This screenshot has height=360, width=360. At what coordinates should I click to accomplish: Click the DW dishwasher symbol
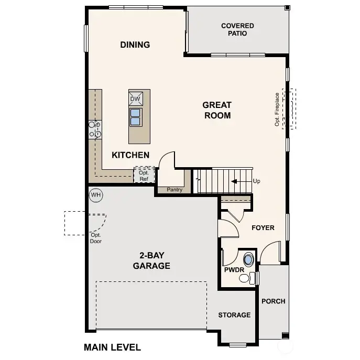135,99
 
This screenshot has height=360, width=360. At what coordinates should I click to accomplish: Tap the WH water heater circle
95,195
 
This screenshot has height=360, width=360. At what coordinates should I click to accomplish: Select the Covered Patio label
237,29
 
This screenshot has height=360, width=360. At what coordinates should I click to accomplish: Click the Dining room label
135,45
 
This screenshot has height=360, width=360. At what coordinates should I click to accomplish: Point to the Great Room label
217,111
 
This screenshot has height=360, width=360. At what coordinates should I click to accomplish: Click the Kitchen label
130,155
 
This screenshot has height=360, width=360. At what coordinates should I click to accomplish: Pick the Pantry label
174,190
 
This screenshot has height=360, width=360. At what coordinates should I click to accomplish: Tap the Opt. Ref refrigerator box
144,176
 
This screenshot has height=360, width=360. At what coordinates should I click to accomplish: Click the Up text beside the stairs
256,181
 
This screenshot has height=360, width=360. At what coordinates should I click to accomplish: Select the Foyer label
263,227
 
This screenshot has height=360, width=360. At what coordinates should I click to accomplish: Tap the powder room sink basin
248,259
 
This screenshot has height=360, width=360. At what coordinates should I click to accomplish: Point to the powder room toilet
246,278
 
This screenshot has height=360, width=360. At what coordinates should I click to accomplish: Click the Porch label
273,301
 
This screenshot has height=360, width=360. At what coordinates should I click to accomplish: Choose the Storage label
234,315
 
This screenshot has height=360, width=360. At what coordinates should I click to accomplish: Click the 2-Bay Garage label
151,260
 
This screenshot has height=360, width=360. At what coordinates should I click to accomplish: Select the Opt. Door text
96,238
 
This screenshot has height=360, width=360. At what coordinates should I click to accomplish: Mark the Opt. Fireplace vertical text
277,110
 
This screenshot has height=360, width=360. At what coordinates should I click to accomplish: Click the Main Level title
112,347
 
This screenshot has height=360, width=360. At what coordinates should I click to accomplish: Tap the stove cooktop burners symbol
95,129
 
